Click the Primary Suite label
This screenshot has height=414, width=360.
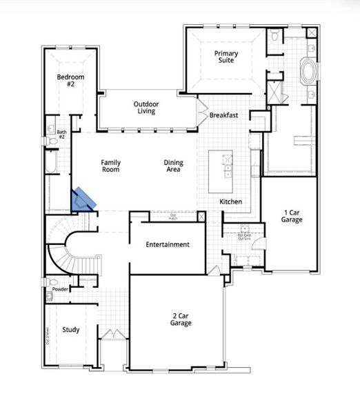224,57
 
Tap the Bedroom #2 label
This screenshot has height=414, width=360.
70,80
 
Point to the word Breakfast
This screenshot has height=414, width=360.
223,115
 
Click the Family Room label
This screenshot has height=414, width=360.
110,166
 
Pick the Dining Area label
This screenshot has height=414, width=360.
173,166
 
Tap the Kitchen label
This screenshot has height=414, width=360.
230,201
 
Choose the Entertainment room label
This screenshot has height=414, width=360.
167,244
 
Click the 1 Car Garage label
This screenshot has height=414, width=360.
292,216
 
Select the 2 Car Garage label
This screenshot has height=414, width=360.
181,319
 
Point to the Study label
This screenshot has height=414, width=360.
71,330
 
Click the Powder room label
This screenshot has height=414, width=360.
60,289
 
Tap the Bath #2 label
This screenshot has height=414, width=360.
61,134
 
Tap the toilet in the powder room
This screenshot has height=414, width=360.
51,297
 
